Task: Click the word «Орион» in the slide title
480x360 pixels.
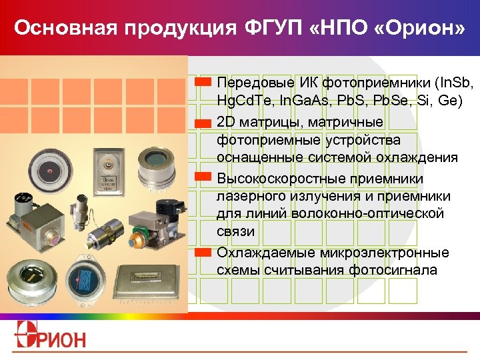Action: click(421, 29)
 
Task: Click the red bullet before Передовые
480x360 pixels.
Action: click(204, 82)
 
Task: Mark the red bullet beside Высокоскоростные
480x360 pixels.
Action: click(204, 178)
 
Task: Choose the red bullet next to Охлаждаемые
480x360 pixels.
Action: click(204, 253)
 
